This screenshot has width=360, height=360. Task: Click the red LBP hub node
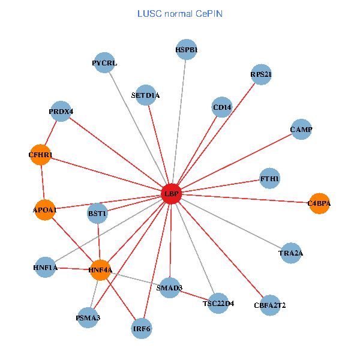172,194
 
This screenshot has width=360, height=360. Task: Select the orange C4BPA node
319,203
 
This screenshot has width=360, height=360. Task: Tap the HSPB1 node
187,50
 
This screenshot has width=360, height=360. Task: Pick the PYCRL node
105,63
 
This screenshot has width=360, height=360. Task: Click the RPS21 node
262,74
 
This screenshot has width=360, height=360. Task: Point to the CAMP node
301,130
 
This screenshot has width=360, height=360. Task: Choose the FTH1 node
270,178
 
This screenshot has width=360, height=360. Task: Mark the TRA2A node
291,254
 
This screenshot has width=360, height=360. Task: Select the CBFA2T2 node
270,305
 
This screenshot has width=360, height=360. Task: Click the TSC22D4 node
218,304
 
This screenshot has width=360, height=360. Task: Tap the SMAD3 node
170,288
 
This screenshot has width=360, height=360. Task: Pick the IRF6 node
142,329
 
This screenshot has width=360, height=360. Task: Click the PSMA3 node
88,317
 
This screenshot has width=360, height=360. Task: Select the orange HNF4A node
100,270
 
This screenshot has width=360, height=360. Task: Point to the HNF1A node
46,268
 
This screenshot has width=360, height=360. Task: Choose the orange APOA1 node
44,210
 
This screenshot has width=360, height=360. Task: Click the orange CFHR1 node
40,155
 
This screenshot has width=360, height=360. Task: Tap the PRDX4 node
61,112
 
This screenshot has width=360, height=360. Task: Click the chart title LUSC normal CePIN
179,13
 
